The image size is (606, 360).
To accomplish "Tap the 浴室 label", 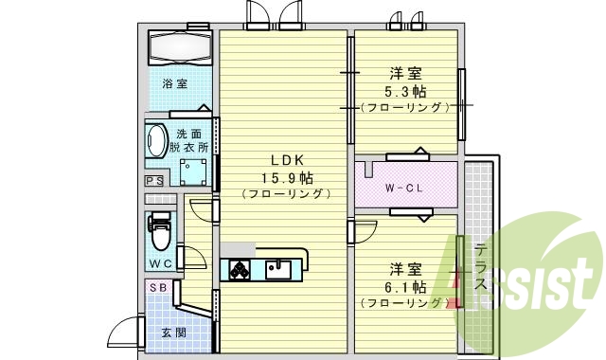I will tap(174, 84).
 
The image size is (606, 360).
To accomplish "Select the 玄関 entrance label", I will tap(173, 333).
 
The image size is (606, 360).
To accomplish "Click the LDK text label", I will tap(284, 158).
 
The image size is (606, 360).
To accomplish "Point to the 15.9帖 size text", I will tap(287, 176).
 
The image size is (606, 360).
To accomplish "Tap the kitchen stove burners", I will tap(237, 270).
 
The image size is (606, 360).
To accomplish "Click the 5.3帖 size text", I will tap(405, 92).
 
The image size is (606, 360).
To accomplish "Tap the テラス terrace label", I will tap(481, 268).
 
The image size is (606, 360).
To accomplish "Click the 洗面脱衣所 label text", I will tap(189, 140).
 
